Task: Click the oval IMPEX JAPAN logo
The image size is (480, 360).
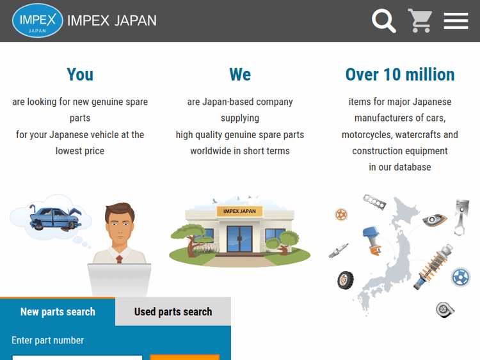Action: pos(38,20)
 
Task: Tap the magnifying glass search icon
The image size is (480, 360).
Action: pos(383,20)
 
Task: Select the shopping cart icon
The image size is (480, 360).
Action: pos(420,20)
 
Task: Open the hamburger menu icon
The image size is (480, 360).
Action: pos(456,20)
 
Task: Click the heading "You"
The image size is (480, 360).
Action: pos(80,75)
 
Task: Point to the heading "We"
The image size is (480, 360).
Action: pos(240,75)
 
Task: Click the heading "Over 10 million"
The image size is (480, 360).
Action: pos(400,75)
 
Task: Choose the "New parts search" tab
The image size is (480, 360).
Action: pos(58,312)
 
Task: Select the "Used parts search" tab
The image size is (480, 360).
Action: pos(173,312)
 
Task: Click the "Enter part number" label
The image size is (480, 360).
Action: pos(47,340)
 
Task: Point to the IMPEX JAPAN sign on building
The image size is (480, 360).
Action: pos(240,211)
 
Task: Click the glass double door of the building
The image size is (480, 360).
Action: pos(240,238)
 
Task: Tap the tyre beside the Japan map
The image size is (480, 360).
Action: pos(346,279)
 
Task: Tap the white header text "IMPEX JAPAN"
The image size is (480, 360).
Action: pos(112,20)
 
